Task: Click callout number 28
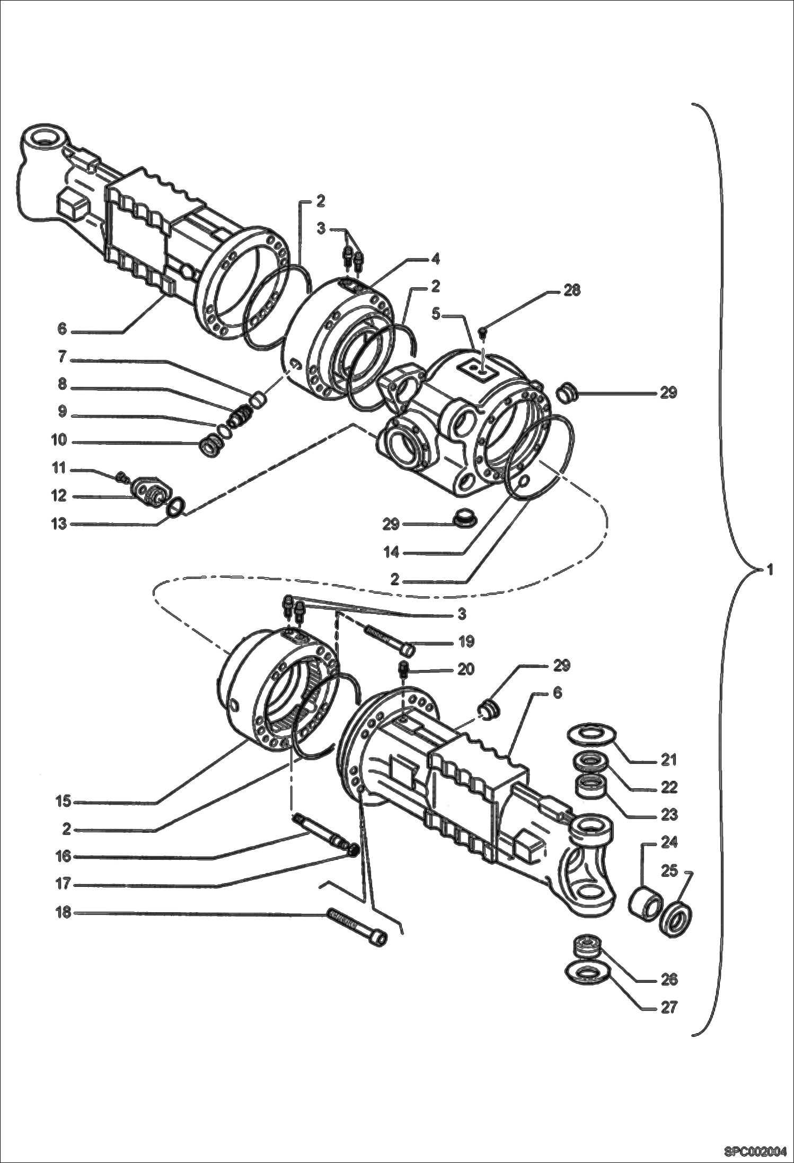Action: click(571, 290)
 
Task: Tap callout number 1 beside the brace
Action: click(770, 570)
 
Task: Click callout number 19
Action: click(466, 642)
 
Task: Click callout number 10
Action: click(59, 440)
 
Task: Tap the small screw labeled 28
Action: click(482, 332)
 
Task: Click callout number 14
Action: click(392, 553)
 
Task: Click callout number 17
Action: click(63, 885)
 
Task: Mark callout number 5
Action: click(436, 314)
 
